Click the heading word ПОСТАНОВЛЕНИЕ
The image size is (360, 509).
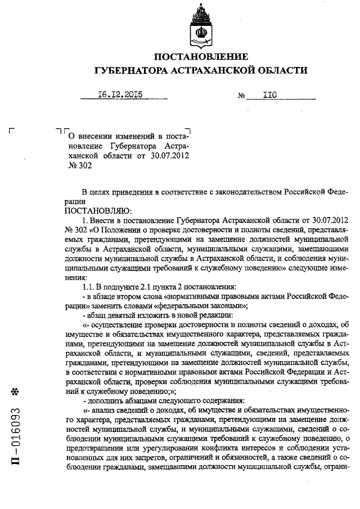201,57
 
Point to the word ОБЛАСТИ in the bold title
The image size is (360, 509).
285,70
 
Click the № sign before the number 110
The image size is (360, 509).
242,96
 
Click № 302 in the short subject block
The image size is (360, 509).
79,166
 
